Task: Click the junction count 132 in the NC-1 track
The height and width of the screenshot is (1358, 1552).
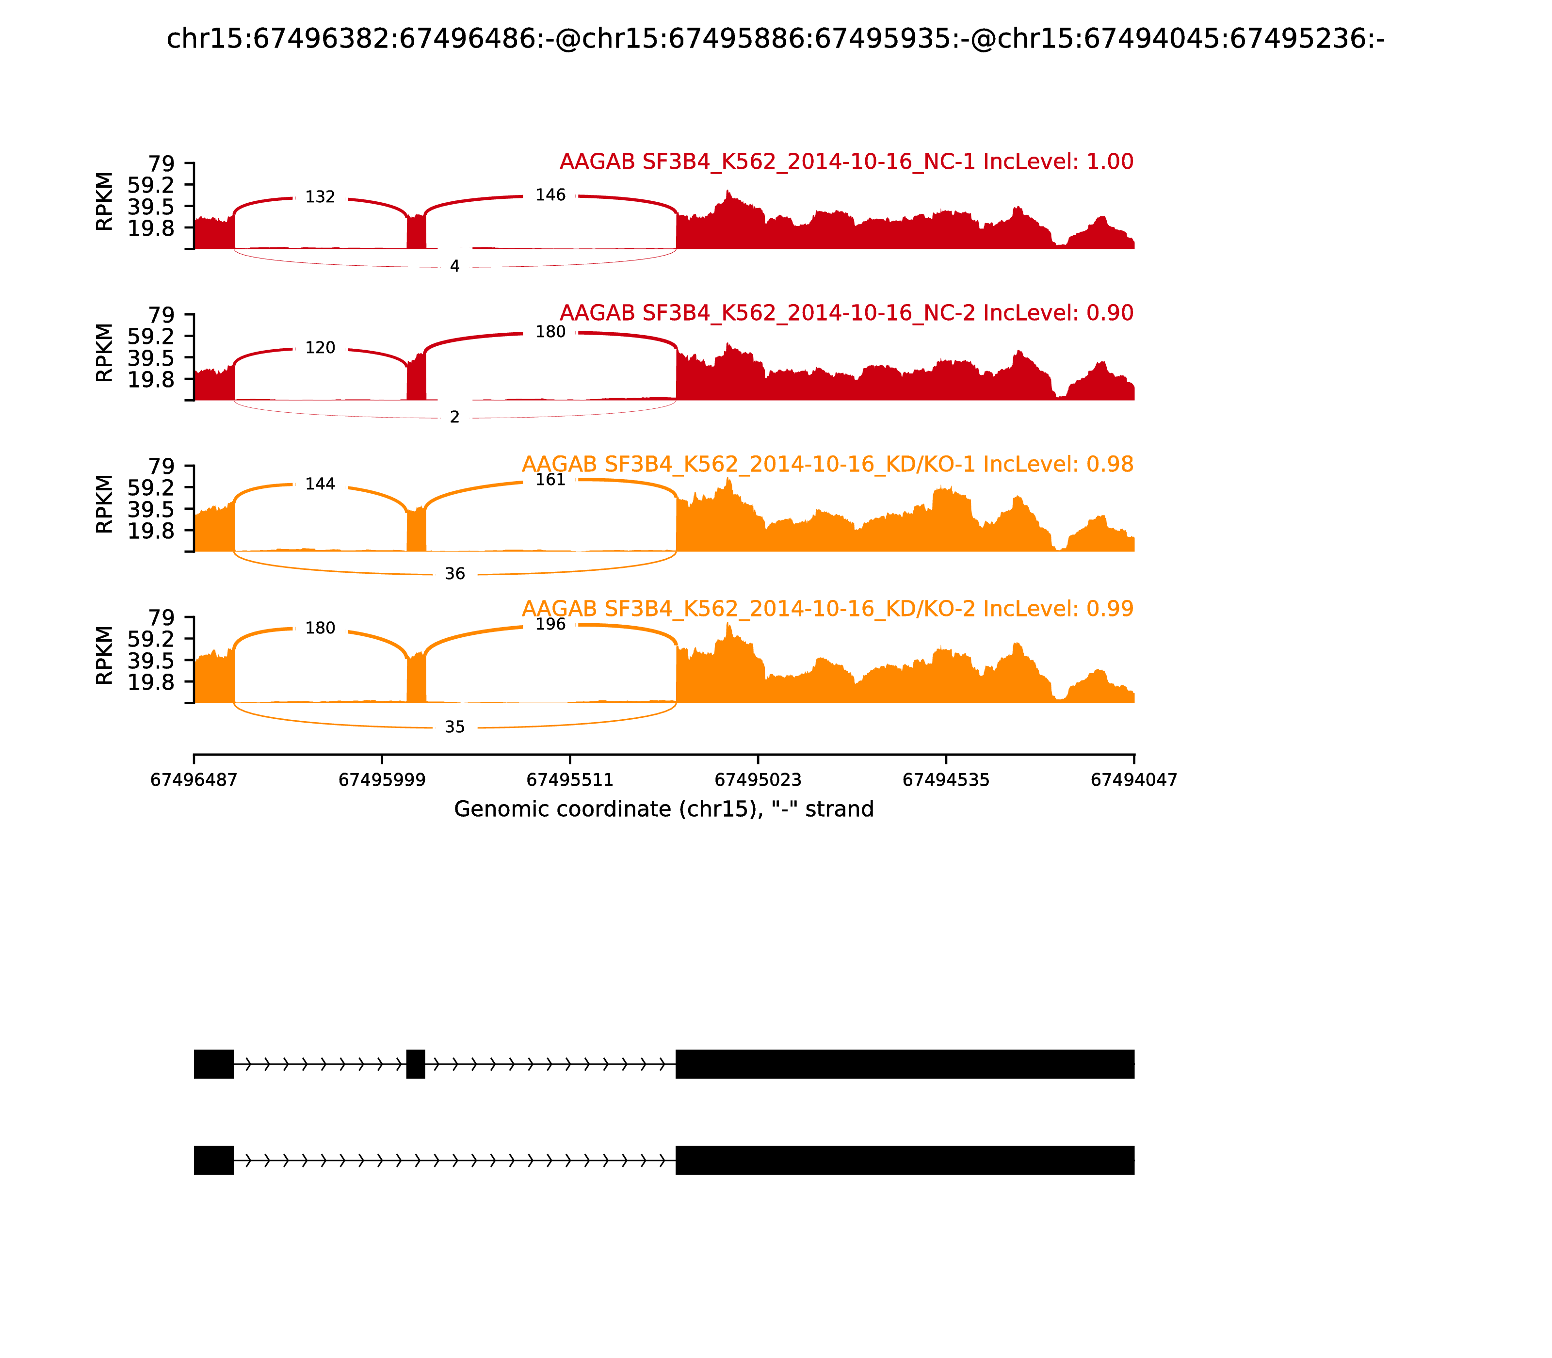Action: (320, 197)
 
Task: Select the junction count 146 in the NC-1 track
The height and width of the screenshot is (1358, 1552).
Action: (550, 195)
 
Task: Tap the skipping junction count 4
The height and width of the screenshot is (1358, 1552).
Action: (455, 266)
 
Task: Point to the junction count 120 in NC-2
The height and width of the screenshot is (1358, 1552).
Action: (320, 348)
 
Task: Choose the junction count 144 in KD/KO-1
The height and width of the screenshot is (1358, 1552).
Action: (320, 484)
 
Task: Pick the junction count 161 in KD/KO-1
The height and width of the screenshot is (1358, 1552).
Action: (550, 480)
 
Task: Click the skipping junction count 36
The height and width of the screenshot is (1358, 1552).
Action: (455, 574)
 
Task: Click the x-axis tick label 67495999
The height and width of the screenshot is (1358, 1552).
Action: (382, 780)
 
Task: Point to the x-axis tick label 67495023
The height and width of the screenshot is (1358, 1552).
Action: (758, 780)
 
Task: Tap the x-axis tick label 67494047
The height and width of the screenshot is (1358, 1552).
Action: (1134, 780)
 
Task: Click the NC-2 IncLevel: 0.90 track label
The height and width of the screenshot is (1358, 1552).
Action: (846, 313)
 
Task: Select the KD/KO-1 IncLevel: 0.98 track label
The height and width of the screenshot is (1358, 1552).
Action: (827, 465)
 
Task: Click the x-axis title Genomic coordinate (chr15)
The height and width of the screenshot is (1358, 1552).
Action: (664, 809)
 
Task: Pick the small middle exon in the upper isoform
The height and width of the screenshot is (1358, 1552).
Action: (415, 1064)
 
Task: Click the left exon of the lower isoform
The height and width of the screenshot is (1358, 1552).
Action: (214, 1160)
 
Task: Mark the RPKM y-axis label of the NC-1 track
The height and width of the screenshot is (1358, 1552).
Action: (105, 202)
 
